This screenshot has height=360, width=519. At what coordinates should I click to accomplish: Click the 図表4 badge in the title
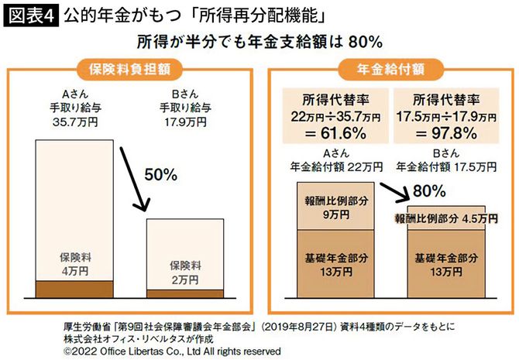(x=31, y=15)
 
